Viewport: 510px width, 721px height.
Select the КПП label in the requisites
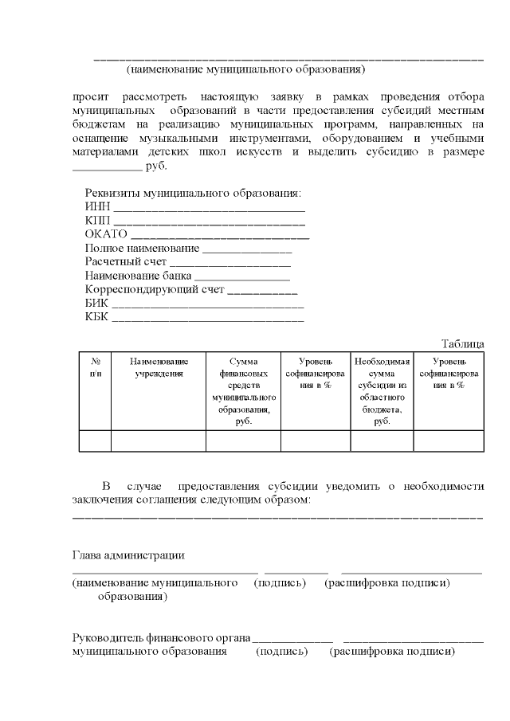[x=98, y=221]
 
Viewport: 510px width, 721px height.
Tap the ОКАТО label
[x=106, y=235]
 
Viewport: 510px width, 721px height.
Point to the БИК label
[x=96, y=303]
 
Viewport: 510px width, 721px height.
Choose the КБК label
[x=97, y=316]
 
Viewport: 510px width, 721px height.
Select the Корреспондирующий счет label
[x=155, y=289]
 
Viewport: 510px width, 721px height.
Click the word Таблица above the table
[x=462, y=343]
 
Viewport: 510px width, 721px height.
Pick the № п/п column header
[x=95, y=367]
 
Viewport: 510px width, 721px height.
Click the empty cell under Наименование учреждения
[x=159, y=441]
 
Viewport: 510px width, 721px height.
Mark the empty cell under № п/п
[x=95, y=441]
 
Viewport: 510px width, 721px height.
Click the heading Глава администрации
[x=128, y=555]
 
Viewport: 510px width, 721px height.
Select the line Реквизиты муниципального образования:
[x=193, y=194]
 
